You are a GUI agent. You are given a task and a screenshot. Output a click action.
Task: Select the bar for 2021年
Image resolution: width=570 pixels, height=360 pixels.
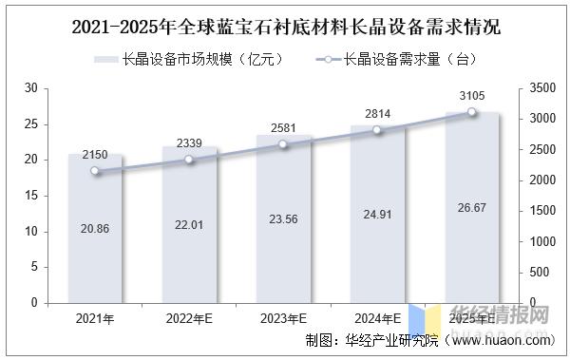[95, 228]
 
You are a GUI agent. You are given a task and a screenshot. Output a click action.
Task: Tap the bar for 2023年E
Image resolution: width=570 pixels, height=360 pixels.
[283, 218]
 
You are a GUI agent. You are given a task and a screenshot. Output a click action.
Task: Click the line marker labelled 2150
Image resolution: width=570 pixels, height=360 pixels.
[95, 171]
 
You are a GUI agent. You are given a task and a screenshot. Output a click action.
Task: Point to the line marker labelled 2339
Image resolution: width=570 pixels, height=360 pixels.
[189, 160]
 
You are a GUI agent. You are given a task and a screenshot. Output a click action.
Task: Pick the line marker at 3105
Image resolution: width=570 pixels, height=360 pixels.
[471, 112]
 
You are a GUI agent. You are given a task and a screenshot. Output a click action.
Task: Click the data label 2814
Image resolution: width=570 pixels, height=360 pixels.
[378, 114]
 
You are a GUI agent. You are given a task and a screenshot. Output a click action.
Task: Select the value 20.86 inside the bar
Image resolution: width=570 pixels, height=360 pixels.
[95, 228]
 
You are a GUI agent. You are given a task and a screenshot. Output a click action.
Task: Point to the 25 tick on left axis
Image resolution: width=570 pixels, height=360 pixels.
[30, 124]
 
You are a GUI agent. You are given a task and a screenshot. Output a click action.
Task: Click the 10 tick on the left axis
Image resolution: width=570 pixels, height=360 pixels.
[30, 232]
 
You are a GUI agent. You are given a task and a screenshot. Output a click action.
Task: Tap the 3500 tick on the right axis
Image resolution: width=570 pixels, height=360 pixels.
[540, 88]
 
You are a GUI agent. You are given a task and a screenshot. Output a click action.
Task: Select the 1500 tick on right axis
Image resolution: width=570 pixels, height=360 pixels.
[540, 211]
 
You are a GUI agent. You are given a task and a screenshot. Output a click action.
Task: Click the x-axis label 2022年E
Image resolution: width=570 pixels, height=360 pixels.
[189, 319]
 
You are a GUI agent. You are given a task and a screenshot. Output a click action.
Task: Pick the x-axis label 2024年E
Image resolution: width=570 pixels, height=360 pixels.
[378, 319]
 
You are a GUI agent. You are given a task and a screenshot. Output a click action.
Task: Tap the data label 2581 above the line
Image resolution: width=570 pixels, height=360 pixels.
[283, 126]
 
